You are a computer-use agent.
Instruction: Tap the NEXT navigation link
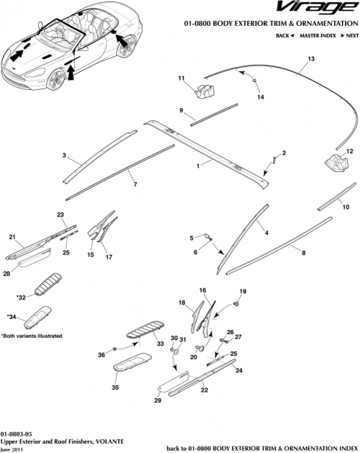[x=348, y=35]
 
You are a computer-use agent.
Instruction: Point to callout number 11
[x=181, y=78]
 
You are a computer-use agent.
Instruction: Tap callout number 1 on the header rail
[x=197, y=165]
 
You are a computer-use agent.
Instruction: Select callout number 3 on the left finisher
[x=64, y=155]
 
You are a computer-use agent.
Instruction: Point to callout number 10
[x=346, y=206]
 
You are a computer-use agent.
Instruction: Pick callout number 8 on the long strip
[x=303, y=253]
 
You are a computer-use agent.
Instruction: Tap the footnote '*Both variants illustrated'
[x=32, y=336]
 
